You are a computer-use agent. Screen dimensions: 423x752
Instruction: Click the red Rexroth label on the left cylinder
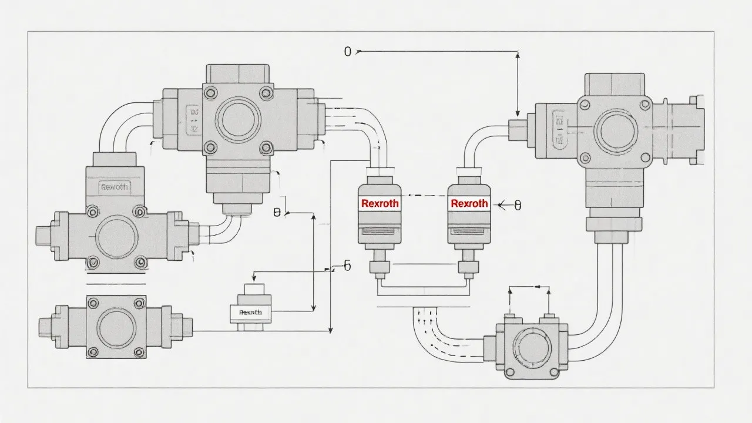pos(380,203)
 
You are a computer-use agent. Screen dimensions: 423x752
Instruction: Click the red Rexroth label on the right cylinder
pos(469,203)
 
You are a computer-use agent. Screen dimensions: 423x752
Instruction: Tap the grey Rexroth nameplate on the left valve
pos(114,187)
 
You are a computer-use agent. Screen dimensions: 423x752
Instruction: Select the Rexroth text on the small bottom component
pos(251,312)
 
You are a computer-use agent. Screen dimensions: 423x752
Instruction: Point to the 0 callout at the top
pos(347,52)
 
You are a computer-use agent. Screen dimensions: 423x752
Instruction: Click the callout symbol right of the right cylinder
pos(517,205)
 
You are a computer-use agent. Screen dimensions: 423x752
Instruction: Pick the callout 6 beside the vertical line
pos(347,266)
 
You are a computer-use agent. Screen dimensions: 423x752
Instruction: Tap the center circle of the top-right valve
pos(615,130)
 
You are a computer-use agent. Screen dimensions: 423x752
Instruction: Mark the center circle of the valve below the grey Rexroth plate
pos(117,237)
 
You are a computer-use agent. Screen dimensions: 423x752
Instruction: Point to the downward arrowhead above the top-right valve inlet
pos(518,113)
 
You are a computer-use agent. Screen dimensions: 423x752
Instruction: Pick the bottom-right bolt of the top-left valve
pos(266,147)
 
